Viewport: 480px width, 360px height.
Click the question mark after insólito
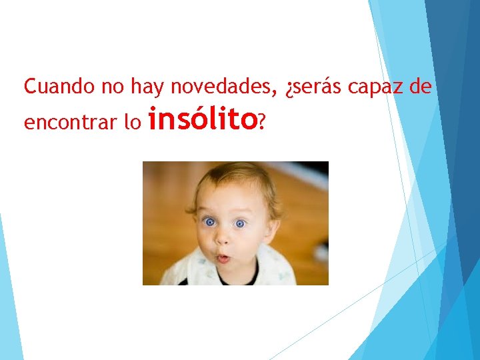(262, 121)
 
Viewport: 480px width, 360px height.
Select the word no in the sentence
(112, 87)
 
